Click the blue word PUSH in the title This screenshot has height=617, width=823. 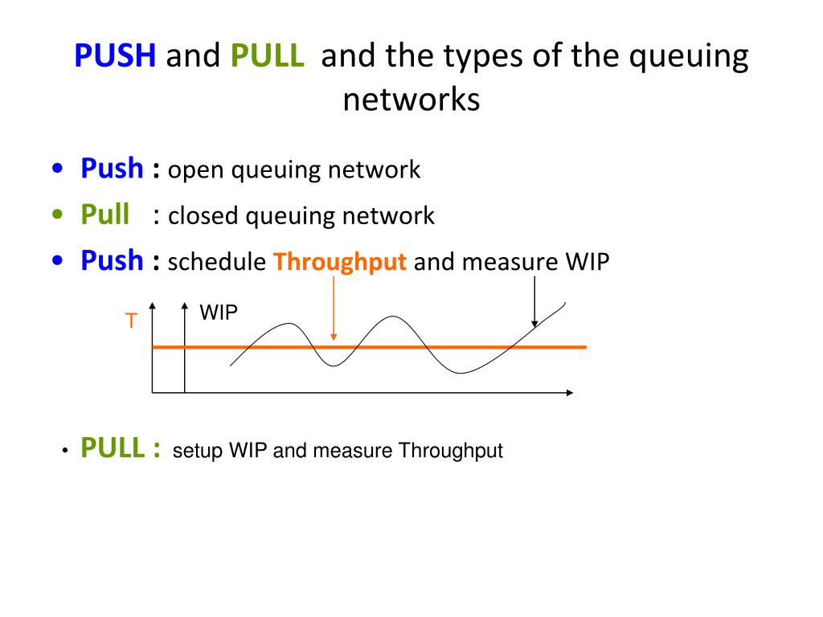point(115,55)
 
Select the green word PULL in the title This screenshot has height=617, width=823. point(267,55)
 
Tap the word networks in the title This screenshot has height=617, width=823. point(411,99)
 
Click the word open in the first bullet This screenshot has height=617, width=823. point(196,171)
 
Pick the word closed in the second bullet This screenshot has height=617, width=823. point(203,215)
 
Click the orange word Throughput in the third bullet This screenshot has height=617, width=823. point(340,262)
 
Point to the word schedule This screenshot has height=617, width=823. point(217,261)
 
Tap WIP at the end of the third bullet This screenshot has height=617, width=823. point(588,261)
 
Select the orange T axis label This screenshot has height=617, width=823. point(131,321)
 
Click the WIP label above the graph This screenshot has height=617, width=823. point(219,313)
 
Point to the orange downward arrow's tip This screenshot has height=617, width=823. point(334,340)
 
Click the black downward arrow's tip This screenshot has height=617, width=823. point(534,328)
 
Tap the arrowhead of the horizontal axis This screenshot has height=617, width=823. point(572,392)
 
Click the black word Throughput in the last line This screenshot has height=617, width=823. point(450,452)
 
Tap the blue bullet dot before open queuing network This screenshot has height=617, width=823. point(57,169)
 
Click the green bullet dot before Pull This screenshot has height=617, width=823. point(57,214)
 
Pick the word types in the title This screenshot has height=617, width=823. point(481,57)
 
